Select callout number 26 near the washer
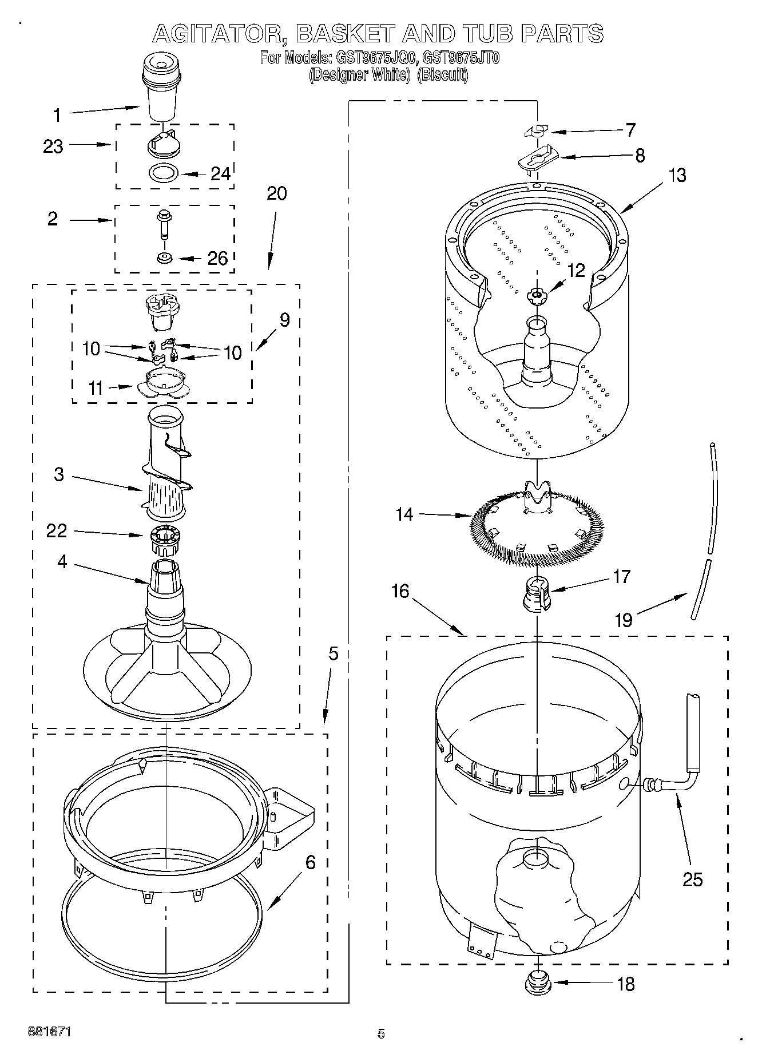pyautogui.click(x=217, y=259)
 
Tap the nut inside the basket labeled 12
pyautogui.click(x=535, y=295)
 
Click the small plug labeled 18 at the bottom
pyautogui.click(x=537, y=982)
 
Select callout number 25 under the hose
pyautogui.click(x=692, y=879)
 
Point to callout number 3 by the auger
pyautogui.click(x=59, y=474)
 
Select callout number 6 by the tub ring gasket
pyautogui.click(x=310, y=863)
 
